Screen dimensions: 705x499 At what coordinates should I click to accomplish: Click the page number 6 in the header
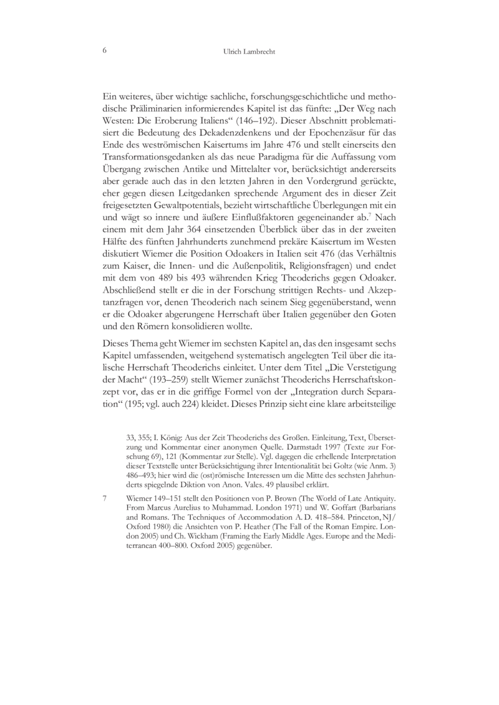pyautogui.click(x=104, y=51)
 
